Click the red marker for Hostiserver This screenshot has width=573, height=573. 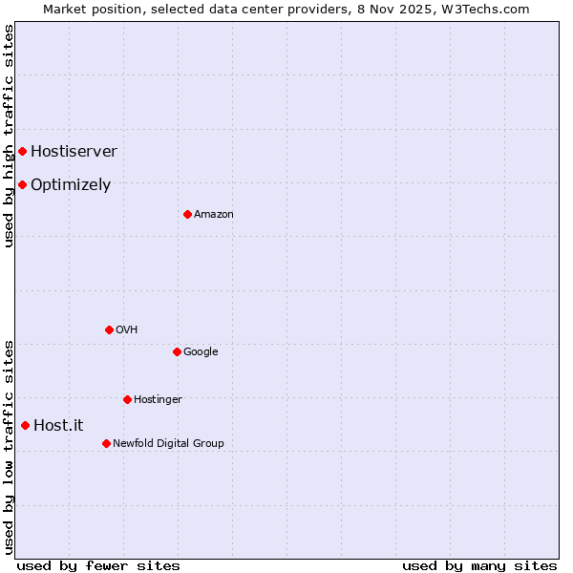click(22, 151)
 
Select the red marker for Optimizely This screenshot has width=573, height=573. click(22, 184)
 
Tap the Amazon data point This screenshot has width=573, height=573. click(187, 214)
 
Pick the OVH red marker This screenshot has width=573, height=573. click(109, 329)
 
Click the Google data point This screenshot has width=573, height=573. click(177, 351)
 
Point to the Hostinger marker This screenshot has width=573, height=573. click(127, 399)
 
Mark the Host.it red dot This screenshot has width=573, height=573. click(25, 425)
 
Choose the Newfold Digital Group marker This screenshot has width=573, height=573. click(106, 443)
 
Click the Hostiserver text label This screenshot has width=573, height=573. click(74, 151)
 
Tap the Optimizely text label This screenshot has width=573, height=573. click(71, 185)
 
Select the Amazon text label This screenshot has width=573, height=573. click(213, 214)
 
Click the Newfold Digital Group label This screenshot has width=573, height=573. click(168, 443)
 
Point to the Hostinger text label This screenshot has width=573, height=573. click(158, 399)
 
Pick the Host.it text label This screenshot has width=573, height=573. click(58, 426)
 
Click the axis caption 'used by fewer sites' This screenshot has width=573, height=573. click(98, 565)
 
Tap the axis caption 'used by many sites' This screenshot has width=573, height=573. click(479, 565)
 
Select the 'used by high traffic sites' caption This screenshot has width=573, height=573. click(9, 136)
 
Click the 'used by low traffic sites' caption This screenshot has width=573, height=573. click(9, 446)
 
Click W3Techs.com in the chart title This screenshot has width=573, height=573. click(489, 9)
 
